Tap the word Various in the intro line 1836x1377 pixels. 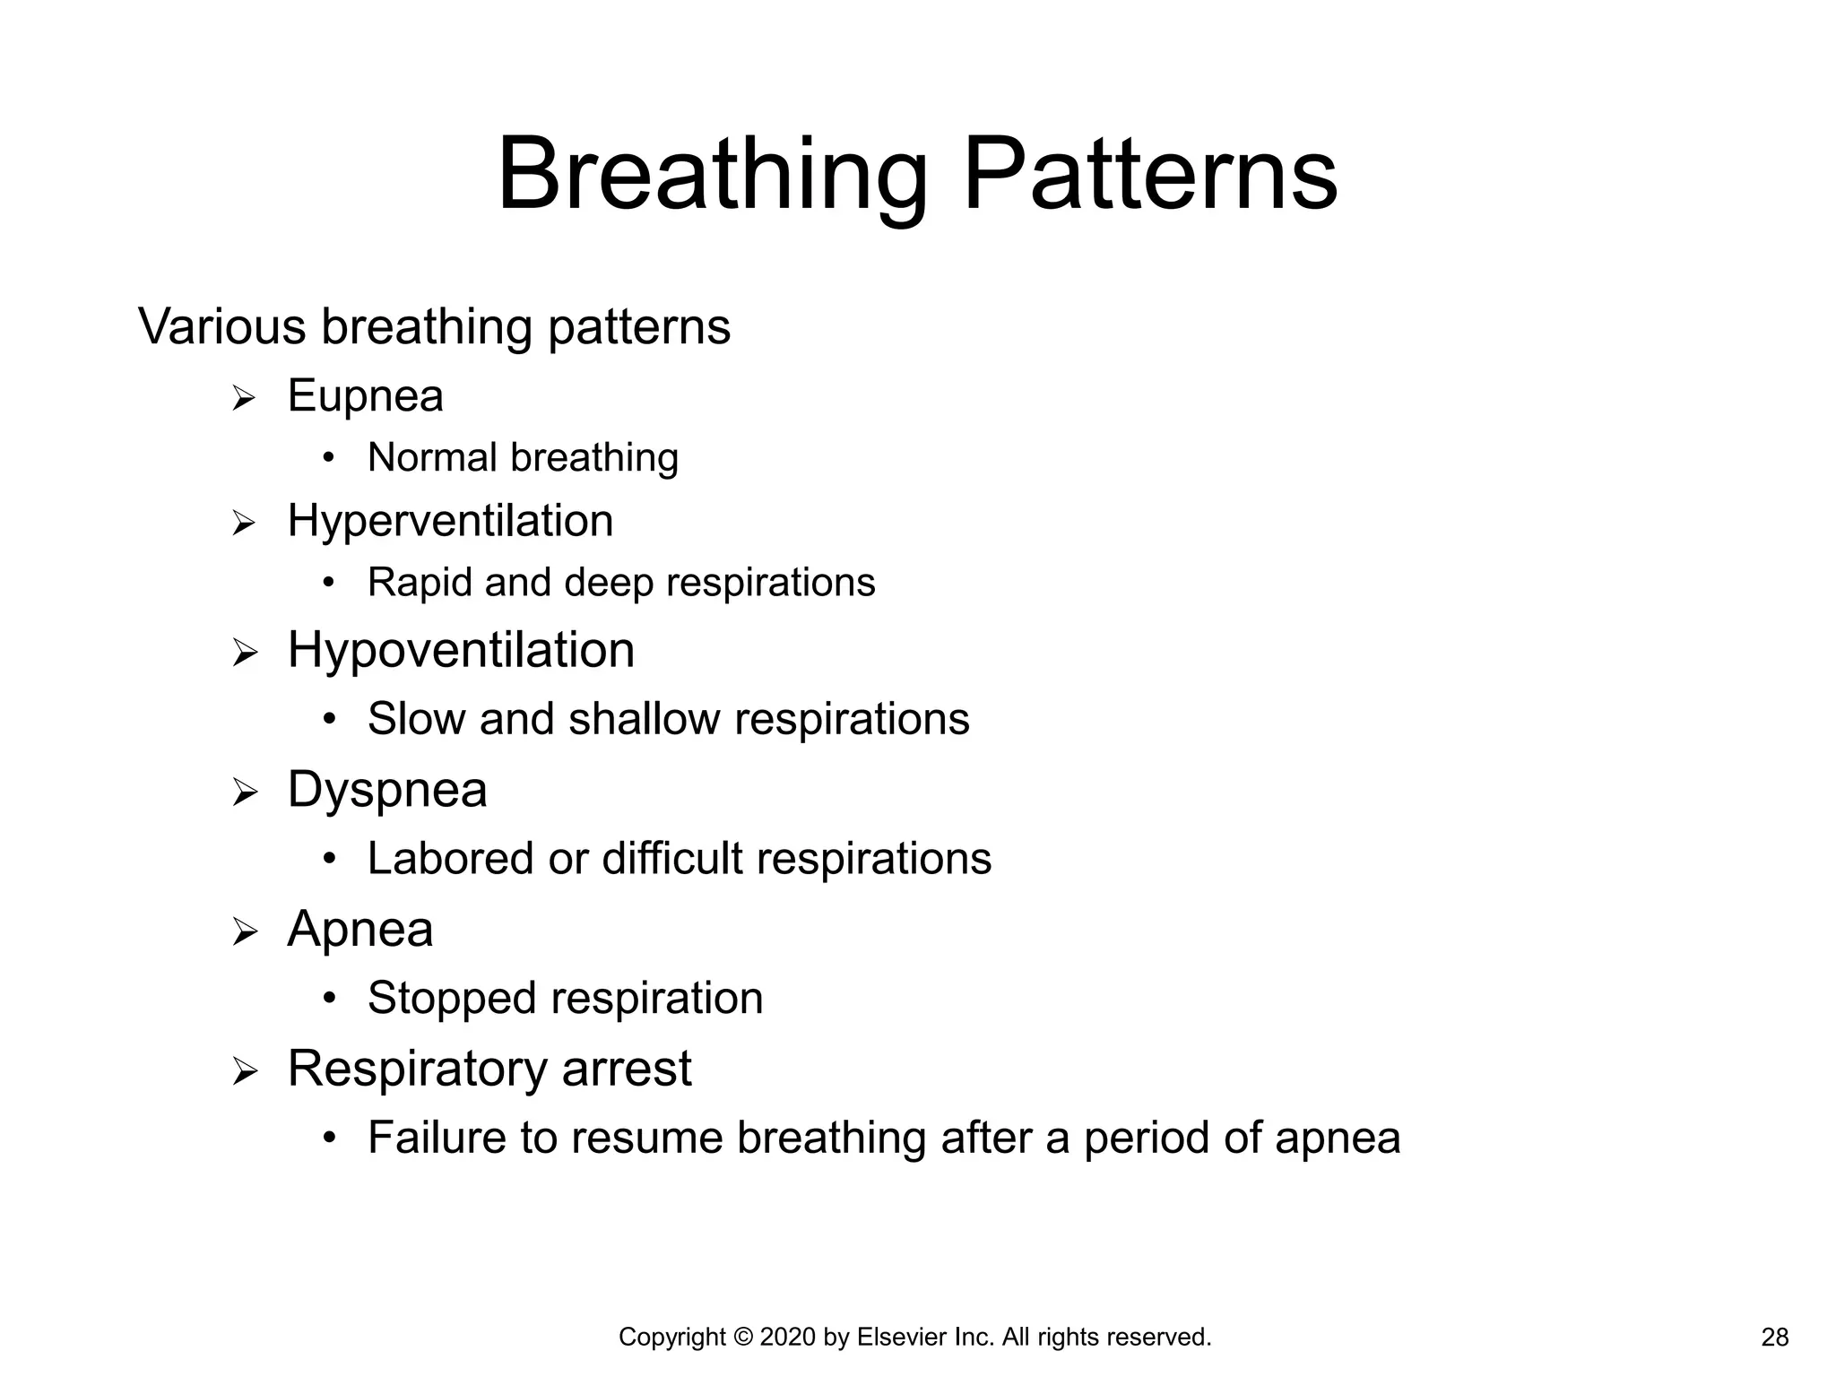point(221,326)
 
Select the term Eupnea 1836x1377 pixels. point(365,396)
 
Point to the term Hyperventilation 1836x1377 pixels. point(450,521)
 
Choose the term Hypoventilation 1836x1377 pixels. point(461,650)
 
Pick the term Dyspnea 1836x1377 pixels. point(386,791)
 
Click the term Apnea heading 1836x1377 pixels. point(359,929)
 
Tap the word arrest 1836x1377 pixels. point(627,1069)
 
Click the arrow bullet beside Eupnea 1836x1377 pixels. point(244,398)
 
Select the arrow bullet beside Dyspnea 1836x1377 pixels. point(244,792)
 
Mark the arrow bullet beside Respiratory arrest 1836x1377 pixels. point(244,1071)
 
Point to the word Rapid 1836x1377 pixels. point(420,583)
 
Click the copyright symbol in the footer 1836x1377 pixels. point(743,1338)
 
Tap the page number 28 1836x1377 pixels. point(1774,1338)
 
